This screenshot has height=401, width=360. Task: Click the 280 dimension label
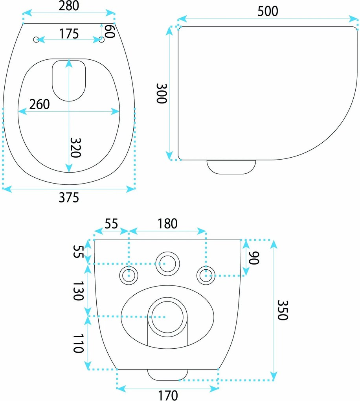click(69, 6)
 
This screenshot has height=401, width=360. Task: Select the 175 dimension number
click(69, 34)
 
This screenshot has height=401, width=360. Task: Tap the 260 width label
click(39, 104)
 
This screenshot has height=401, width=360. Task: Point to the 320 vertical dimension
click(76, 147)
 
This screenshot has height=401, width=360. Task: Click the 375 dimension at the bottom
click(69, 197)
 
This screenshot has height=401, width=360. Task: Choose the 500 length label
click(268, 11)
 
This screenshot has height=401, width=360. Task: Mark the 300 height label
click(162, 93)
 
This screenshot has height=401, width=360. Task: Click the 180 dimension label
click(167, 224)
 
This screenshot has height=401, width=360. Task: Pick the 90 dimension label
click(254, 258)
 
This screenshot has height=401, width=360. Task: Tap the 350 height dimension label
click(283, 310)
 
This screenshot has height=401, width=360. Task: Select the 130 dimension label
click(78, 291)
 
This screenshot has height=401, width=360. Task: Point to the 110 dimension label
click(78, 344)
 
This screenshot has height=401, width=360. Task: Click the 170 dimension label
click(168, 395)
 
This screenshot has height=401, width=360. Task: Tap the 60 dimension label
click(110, 31)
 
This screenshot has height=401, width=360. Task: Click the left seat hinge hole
click(36, 40)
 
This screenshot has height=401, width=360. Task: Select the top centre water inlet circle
click(168, 264)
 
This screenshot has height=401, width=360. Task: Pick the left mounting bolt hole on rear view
click(129, 276)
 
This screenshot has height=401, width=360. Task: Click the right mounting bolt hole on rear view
click(206, 276)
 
